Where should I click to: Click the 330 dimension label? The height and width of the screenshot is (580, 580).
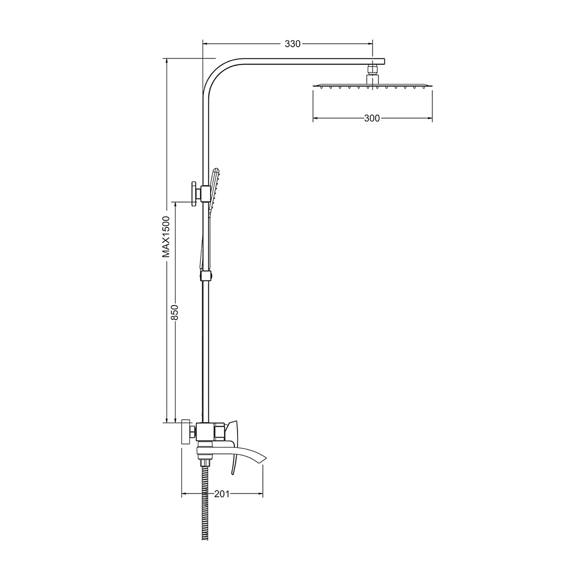293,44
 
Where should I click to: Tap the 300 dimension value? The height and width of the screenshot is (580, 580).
372,118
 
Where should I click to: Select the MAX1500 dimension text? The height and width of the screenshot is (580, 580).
166,237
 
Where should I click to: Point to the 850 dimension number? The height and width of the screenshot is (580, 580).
175,312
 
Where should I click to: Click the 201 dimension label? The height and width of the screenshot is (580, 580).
222,494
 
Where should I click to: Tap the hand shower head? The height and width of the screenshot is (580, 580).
214,189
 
